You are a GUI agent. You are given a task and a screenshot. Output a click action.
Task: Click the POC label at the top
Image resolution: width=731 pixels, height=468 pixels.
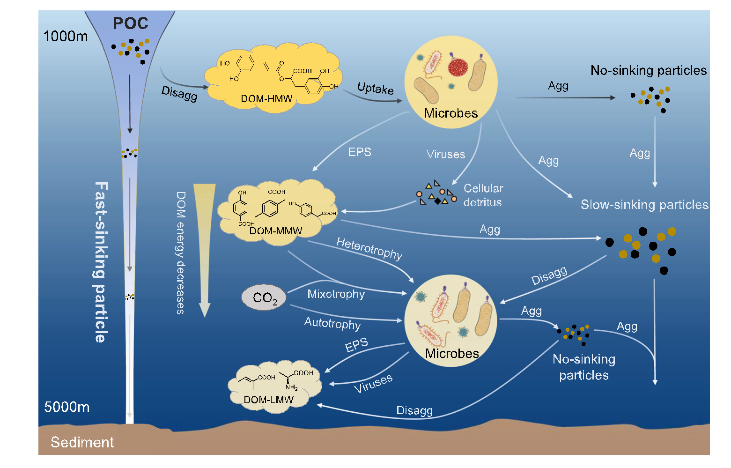tap(131, 23)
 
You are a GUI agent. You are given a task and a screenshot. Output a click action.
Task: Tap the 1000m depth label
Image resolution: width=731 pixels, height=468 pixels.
tap(66, 36)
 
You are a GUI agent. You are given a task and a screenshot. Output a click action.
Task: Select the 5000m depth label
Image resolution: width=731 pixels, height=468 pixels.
tap(67, 407)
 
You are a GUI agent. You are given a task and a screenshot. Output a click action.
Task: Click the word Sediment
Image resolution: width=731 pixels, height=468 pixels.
tap(82, 442)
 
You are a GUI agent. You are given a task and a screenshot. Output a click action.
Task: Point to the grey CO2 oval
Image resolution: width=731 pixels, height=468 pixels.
tap(264, 297)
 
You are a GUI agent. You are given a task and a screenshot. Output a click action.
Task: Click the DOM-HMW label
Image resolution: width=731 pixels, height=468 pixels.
tap(266, 99)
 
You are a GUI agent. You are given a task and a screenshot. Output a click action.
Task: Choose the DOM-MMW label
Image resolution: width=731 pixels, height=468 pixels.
tap(276, 230)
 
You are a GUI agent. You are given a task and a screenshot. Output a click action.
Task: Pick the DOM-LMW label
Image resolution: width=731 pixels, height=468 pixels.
tap(269, 400)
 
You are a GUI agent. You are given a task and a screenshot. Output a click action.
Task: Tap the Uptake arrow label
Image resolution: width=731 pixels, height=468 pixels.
tap(375, 88)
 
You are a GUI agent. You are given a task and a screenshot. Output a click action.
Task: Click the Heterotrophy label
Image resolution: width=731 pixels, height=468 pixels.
tap(369, 248)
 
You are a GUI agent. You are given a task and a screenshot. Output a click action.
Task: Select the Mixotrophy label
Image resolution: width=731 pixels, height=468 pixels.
tap(336, 294)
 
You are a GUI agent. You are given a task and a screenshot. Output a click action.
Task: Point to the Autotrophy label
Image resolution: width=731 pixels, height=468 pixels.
tap(332, 323)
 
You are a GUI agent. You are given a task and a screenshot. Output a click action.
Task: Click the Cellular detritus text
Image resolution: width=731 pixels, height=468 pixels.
tap(483, 195)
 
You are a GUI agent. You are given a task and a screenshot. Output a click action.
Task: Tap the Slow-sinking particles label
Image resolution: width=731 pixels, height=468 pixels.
tap(644, 205)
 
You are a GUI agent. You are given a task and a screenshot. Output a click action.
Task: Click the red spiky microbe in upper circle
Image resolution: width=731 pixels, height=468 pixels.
tap(458, 67)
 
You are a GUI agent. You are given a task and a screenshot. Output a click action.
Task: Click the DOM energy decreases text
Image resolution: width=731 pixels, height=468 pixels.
tap(181, 253)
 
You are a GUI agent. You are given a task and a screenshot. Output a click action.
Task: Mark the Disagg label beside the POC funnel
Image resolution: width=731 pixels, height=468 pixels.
tap(179, 93)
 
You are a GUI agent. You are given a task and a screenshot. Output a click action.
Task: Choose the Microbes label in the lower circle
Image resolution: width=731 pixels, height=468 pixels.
tap(452, 353)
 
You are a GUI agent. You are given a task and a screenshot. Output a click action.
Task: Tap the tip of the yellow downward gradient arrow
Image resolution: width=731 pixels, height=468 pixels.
tap(205, 315)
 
